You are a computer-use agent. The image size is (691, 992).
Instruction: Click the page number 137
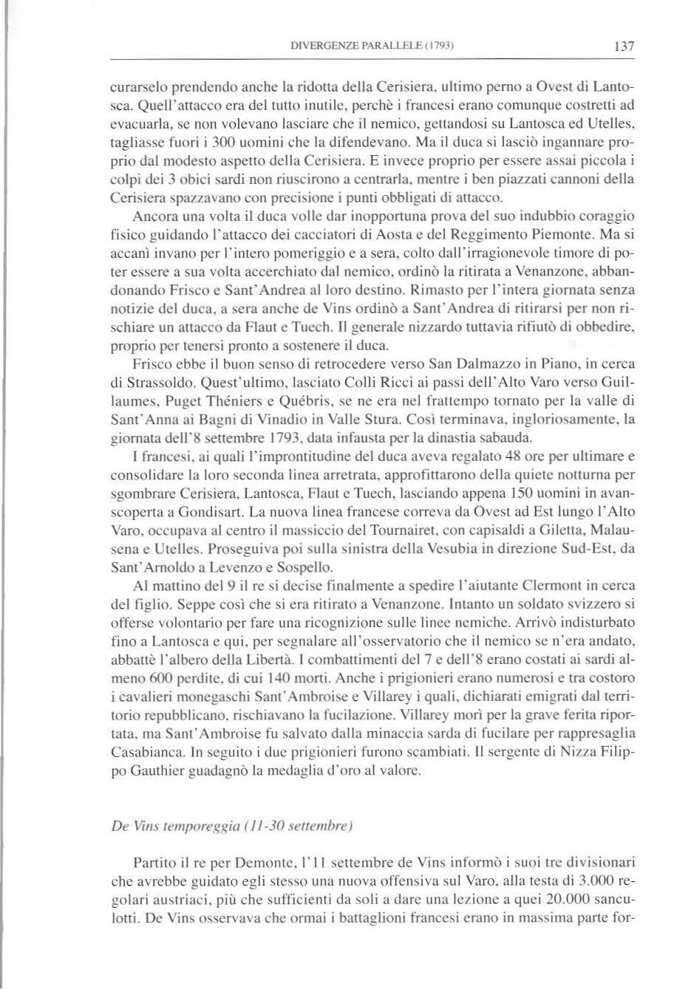(x=624, y=46)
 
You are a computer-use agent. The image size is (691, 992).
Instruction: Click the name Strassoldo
(x=153, y=383)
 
